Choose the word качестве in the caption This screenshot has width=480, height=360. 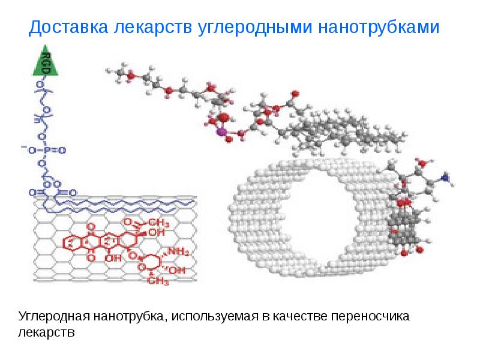click(x=298, y=316)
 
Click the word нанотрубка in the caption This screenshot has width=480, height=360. click(x=128, y=316)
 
